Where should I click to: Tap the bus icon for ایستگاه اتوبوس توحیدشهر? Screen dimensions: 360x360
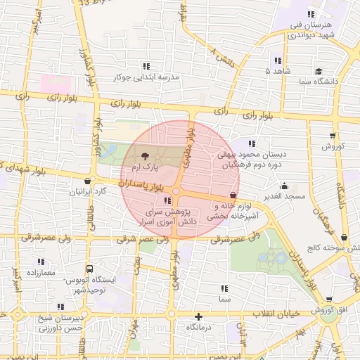[x=89, y=269]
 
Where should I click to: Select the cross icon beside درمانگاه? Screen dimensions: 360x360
[x=199, y=317]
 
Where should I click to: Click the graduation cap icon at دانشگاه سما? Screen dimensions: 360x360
[x=319, y=71]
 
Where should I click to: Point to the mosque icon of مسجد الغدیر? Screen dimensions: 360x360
[x=284, y=186]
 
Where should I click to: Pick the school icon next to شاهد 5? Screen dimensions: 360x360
[x=278, y=61]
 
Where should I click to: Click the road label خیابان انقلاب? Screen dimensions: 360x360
[x=274, y=312]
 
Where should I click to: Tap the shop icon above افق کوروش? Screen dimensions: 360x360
[x=326, y=295]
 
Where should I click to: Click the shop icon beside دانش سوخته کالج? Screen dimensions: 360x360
[x=344, y=238]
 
